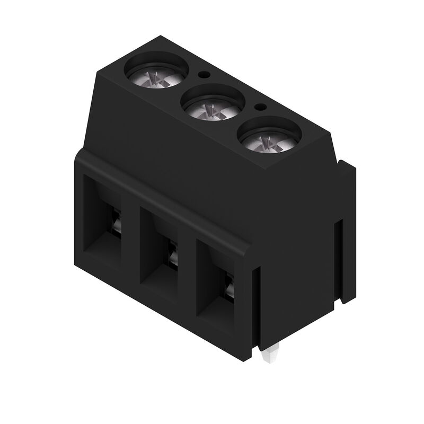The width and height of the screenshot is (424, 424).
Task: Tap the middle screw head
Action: click(213, 109)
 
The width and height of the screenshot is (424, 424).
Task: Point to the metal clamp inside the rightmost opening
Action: click(229, 289)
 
